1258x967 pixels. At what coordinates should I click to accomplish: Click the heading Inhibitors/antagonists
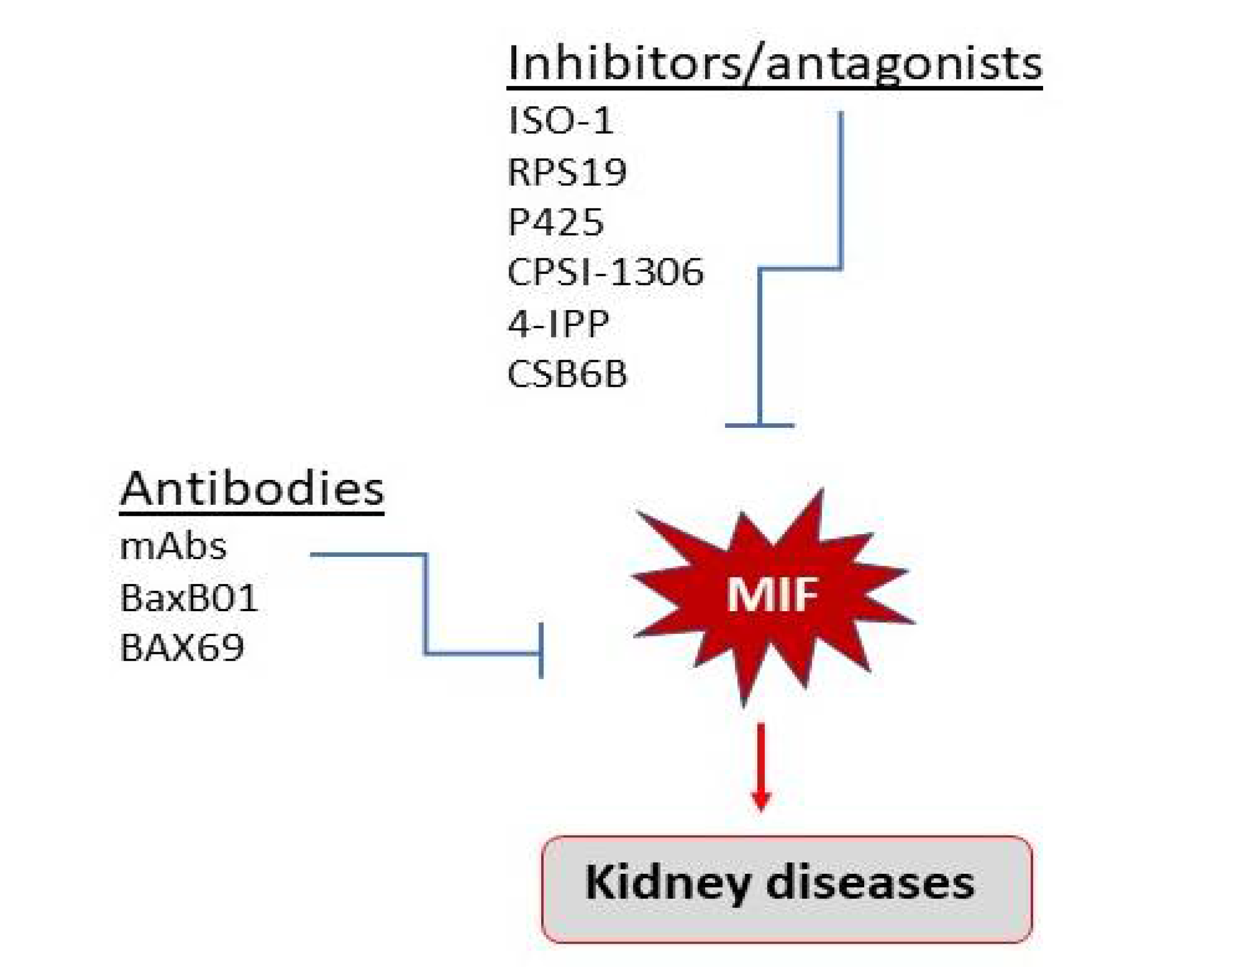coord(774,63)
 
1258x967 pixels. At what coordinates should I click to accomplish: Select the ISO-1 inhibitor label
coord(561,121)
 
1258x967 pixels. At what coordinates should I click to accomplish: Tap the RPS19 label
coord(567,172)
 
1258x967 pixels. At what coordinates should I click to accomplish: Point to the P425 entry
coord(556,222)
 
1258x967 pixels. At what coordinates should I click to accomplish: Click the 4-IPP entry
coord(558,323)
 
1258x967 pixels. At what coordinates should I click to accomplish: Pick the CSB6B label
coord(567,374)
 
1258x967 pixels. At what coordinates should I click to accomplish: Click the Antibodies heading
coord(252,489)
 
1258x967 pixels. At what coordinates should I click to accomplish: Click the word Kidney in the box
coord(667,883)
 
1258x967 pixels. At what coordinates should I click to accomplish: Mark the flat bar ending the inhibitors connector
coord(759,426)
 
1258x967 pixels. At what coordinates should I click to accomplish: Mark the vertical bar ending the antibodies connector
coord(541,651)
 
